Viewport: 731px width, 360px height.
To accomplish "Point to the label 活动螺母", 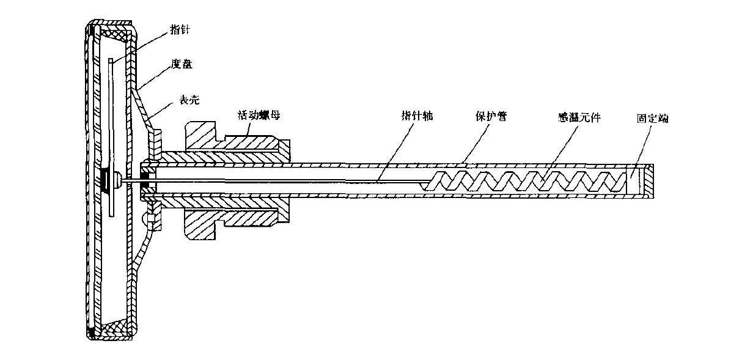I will (256, 114).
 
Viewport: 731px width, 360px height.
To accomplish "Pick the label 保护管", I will (493, 114).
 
